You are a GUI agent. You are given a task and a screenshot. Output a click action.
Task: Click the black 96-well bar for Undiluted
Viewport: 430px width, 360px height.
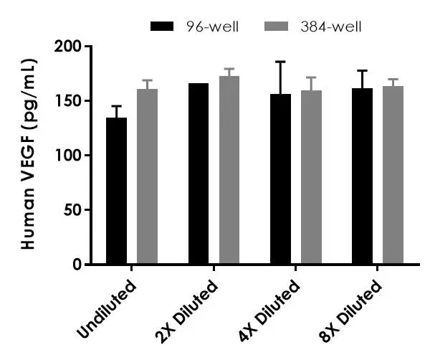tap(116, 191)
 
